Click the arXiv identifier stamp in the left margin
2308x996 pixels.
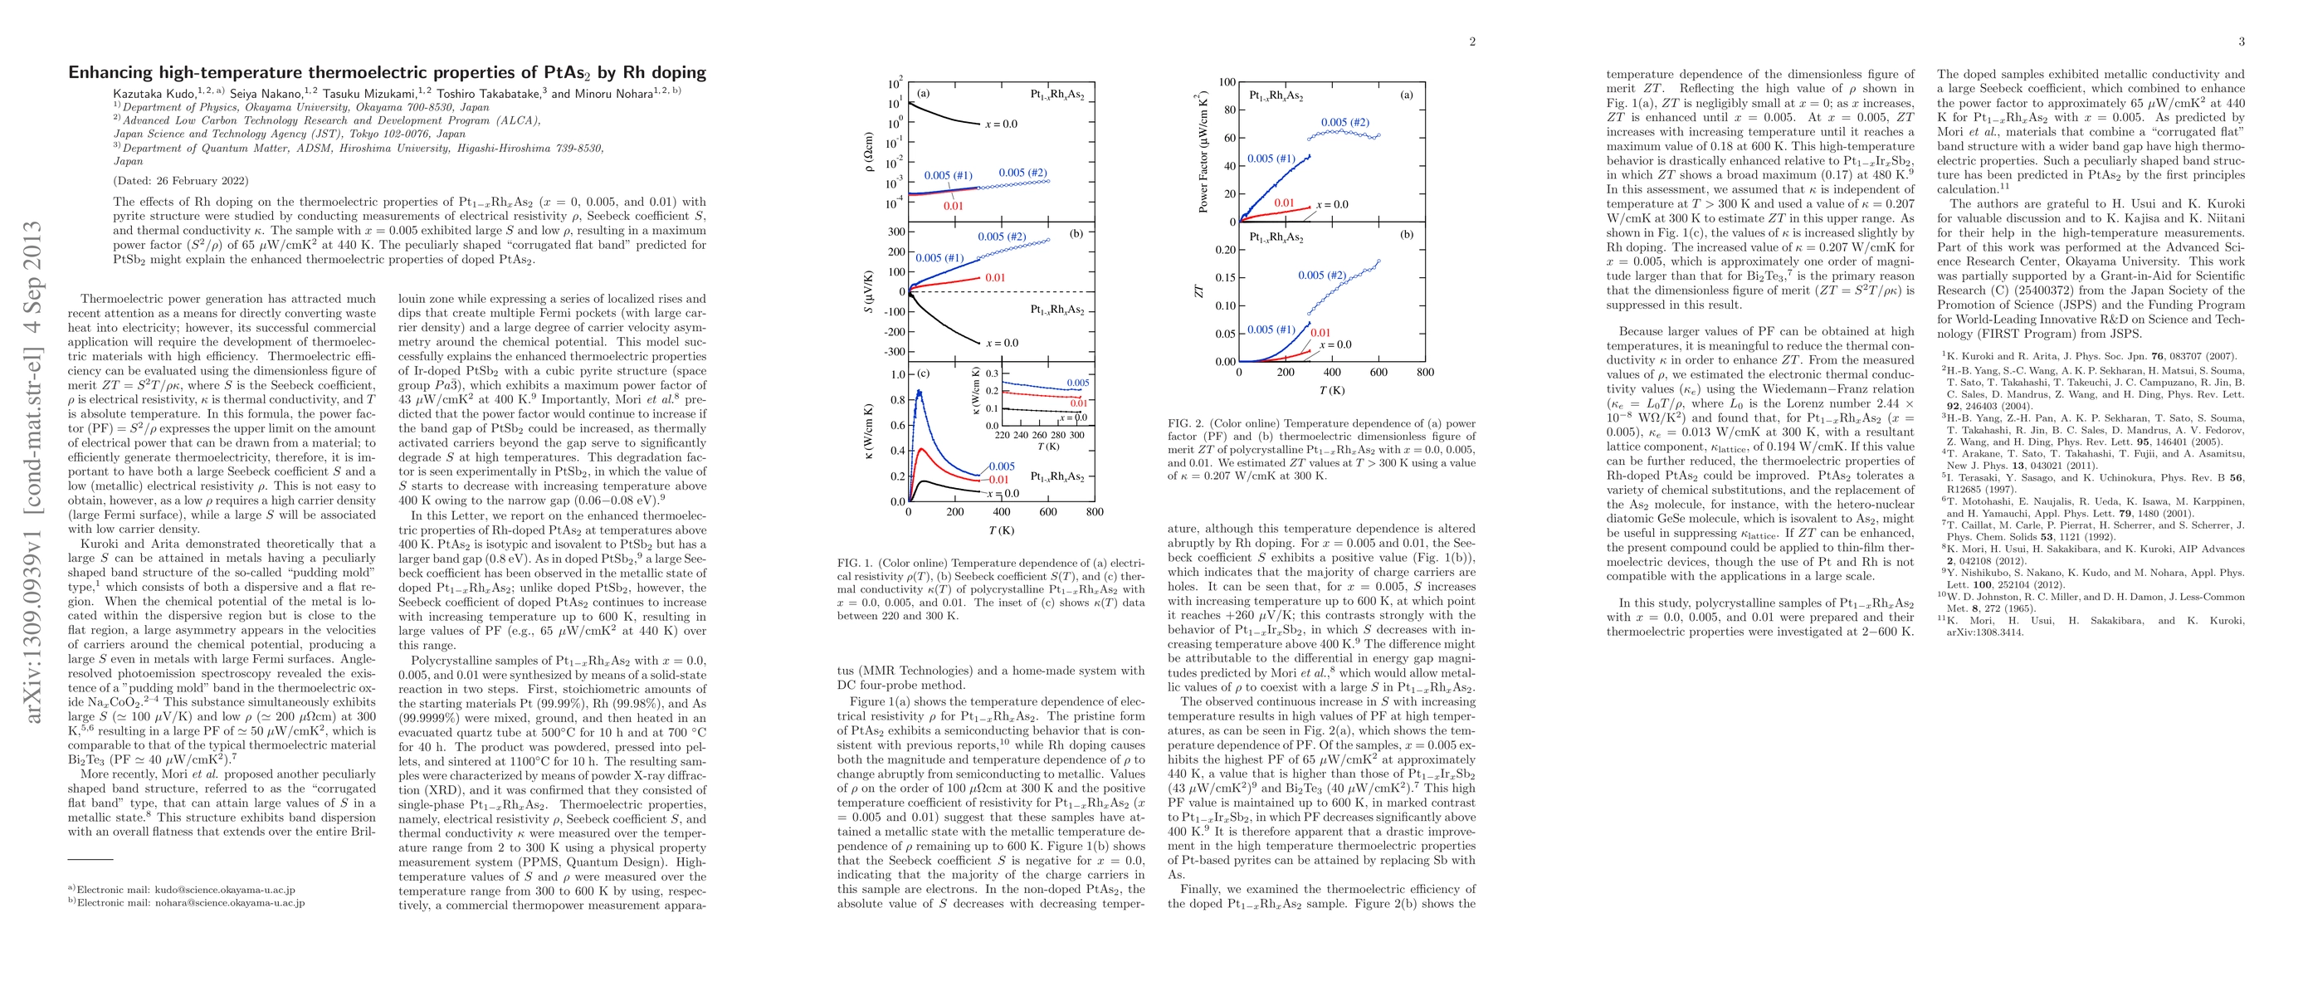pos(32,472)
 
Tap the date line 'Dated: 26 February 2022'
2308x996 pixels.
pos(181,180)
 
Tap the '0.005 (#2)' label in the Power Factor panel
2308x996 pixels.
pos(1344,123)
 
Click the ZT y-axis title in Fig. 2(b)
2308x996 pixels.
pos(1200,292)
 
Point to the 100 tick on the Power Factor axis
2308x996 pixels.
pos(1226,82)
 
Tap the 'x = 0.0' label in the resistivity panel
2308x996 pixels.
pos(1001,124)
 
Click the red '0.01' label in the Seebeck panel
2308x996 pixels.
pos(994,278)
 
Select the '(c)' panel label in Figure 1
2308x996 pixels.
pos(923,373)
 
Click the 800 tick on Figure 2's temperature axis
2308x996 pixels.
pos(1426,373)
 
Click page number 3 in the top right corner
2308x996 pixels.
pos(2242,41)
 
